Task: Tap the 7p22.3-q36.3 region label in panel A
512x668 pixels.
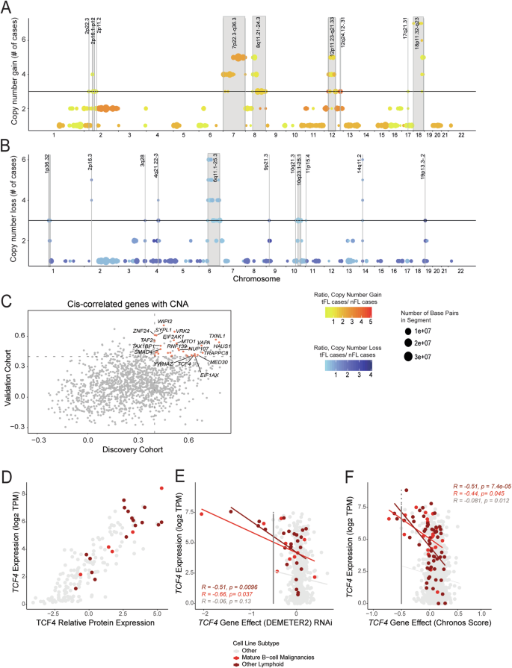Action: [235, 34]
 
